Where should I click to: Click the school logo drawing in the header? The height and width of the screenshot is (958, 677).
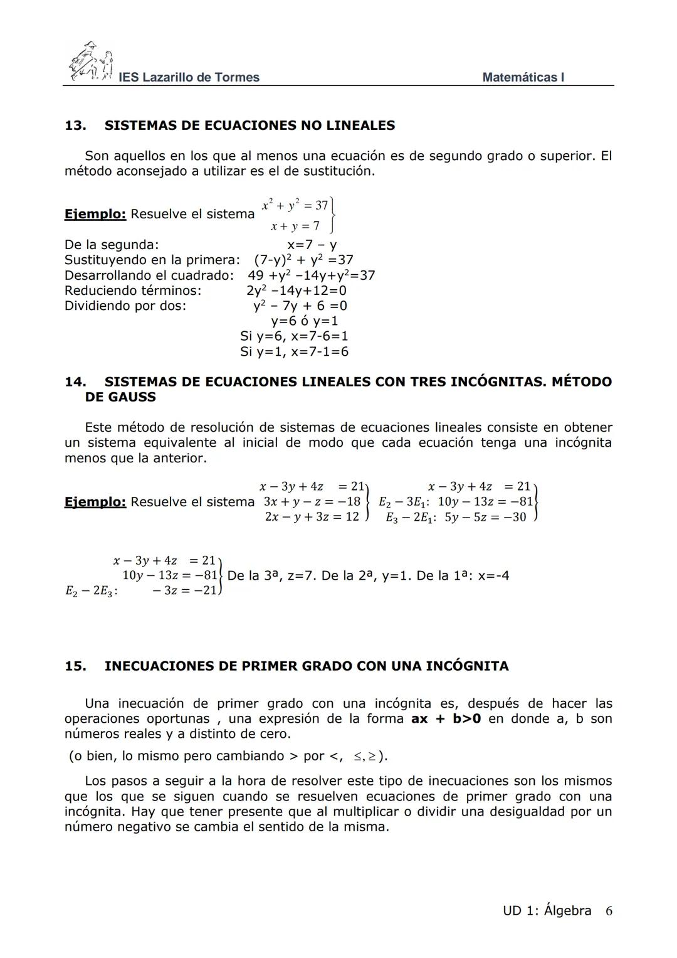[x=90, y=63]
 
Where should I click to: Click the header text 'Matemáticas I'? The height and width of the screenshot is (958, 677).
[x=523, y=77]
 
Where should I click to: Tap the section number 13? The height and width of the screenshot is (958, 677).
[x=75, y=125]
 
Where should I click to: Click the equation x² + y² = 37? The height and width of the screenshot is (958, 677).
[x=295, y=205]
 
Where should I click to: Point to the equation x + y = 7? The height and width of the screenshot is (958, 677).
[x=295, y=226]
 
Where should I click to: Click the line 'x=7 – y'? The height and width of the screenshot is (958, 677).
[x=312, y=245]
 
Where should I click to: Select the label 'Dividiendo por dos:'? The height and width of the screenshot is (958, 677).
[x=125, y=306]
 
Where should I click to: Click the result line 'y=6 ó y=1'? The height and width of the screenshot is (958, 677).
[x=305, y=321]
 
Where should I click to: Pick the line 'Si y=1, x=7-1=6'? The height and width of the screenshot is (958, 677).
[x=294, y=352]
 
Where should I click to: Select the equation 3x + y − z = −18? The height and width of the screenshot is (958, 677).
[x=312, y=501]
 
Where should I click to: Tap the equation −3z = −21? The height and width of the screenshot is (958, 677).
[x=185, y=590]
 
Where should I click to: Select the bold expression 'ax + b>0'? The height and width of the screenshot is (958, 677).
[x=446, y=719]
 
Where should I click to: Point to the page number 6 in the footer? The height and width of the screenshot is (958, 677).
[x=609, y=911]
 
